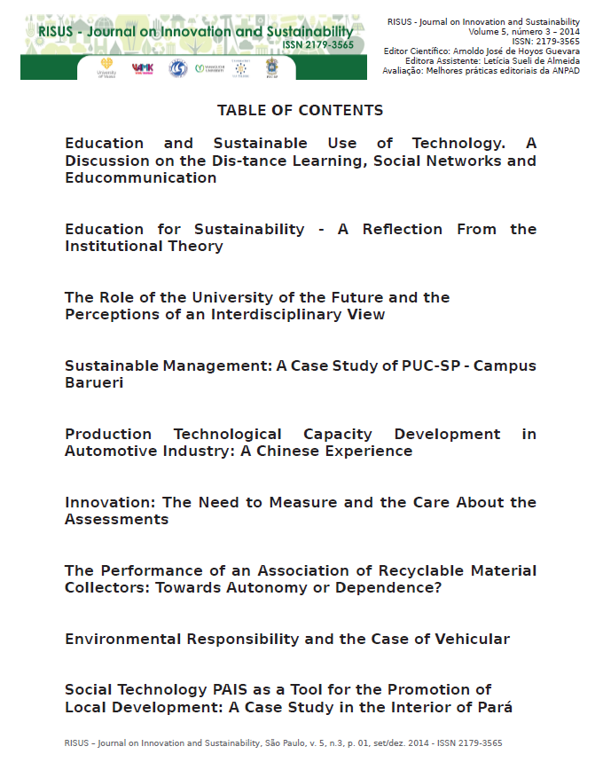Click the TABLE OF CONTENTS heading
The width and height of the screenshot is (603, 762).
coord(300,110)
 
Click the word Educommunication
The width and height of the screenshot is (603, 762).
coord(140,177)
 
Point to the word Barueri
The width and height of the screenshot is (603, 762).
coord(94,382)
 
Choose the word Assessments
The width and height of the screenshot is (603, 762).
coord(116,519)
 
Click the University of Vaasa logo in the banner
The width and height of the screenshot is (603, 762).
coord(106,68)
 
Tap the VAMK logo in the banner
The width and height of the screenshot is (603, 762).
coord(142,68)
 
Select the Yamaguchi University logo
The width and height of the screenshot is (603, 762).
coord(209,68)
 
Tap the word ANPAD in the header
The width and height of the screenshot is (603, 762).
coord(567,70)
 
